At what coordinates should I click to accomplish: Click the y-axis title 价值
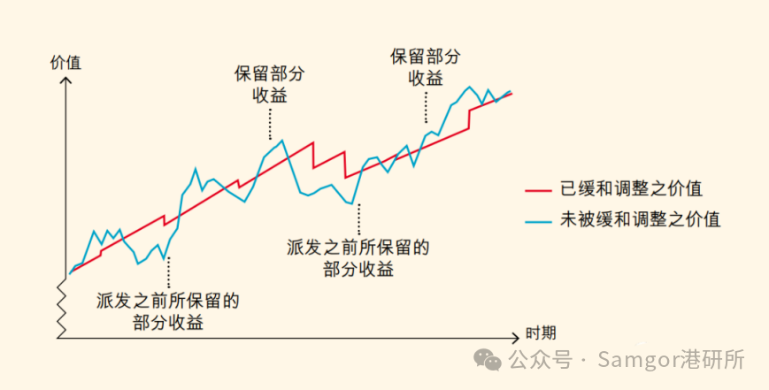[65, 62]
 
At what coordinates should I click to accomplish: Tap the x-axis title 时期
[541, 333]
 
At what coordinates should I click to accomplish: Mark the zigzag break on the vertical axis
[62, 304]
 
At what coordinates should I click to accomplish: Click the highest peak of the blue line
[468, 88]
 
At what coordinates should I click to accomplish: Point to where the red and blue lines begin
[69, 273]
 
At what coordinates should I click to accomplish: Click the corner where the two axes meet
[62, 337]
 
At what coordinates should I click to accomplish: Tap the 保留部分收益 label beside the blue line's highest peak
[425, 67]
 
